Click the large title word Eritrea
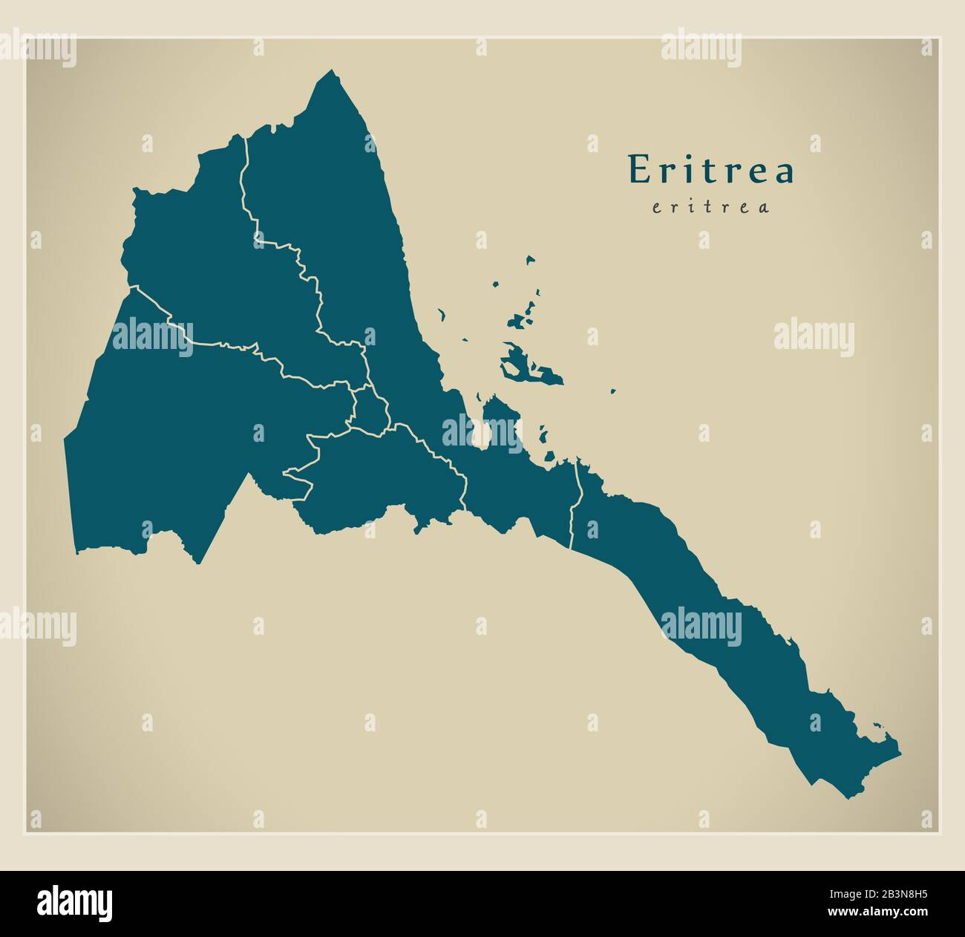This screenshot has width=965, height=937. pos(711,170)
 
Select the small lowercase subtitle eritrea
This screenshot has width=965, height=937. pos(710,207)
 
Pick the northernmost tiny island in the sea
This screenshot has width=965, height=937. pos(530,260)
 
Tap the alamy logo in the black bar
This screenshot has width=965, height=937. pos(75,903)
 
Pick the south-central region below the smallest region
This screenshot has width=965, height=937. pos(379,475)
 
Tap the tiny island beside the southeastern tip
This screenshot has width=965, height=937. pos(878,726)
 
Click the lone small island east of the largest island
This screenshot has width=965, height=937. pos(613,391)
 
